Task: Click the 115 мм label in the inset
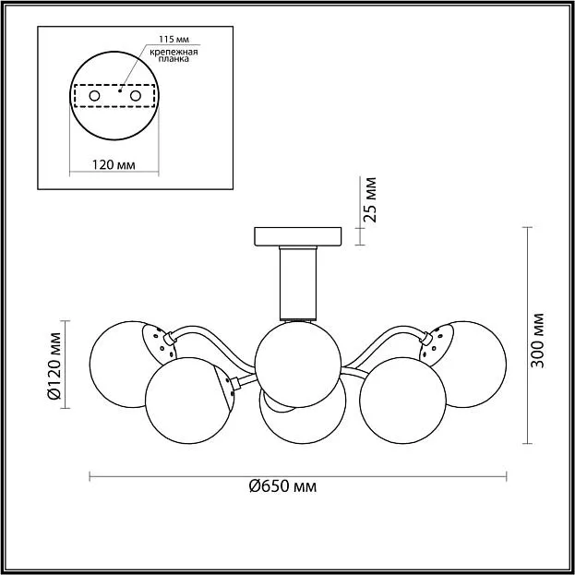(x=174, y=40)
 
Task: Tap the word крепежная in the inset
(x=174, y=52)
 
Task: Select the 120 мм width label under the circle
(x=114, y=165)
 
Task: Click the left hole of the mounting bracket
(x=95, y=96)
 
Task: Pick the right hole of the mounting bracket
(x=136, y=96)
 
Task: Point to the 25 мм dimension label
(x=370, y=199)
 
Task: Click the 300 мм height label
(x=537, y=341)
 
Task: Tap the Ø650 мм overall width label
(x=282, y=486)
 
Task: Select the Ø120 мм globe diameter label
(x=54, y=365)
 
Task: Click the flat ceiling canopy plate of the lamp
(x=298, y=236)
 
